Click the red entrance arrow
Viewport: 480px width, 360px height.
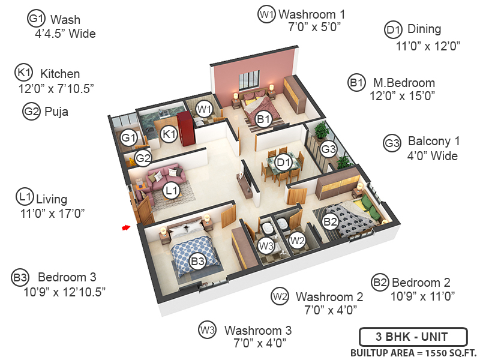tap(126, 227)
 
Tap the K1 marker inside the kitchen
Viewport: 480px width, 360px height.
tap(169, 134)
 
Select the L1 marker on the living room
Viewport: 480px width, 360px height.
tap(172, 191)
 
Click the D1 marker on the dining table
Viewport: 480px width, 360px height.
tap(283, 161)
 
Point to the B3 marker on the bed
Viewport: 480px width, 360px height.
tap(197, 261)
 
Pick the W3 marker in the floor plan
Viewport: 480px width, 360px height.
tap(266, 245)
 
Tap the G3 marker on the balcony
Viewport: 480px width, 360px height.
tap(328, 149)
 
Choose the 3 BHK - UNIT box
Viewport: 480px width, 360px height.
tap(412, 336)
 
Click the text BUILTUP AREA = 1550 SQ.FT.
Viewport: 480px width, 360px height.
tap(412, 352)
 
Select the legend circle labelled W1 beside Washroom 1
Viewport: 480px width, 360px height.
tap(266, 14)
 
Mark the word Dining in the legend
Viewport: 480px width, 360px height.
tap(424, 29)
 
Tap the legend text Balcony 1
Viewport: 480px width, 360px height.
tap(433, 142)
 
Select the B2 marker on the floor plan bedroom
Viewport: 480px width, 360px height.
tap(331, 221)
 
